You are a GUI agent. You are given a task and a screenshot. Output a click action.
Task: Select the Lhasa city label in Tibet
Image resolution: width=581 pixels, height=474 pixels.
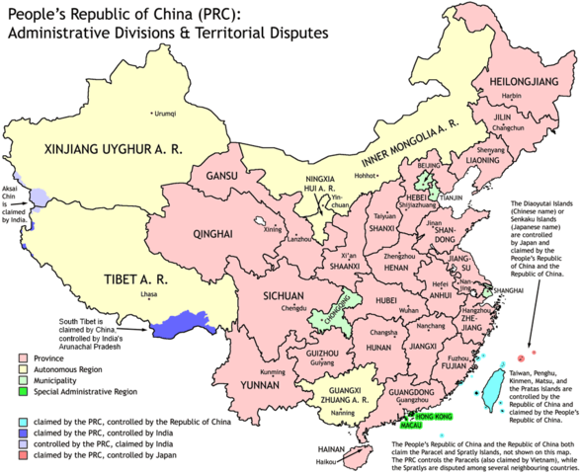point(149,294)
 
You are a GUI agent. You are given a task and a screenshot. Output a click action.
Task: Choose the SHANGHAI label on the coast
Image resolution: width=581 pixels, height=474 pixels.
point(506,277)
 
